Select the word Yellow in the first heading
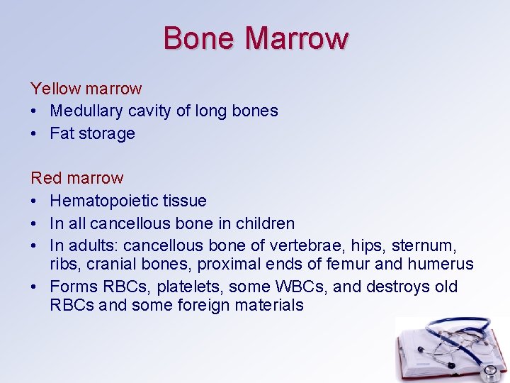coord(55,89)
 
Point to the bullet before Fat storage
coord(34,133)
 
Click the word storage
coord(107,133)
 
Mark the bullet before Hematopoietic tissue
coord(34,201)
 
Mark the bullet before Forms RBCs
coord(34,287)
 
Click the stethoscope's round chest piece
coord(488,370)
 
